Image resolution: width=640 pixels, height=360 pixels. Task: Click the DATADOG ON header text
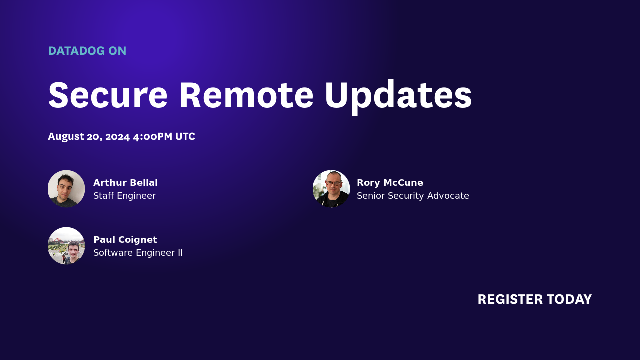(x=87, y=51)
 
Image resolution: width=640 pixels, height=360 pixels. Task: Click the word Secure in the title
(x=108, y=95)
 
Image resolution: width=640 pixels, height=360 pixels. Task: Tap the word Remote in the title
(x=246, y=95)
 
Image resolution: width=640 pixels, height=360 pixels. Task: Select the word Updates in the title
(x=398, y=95)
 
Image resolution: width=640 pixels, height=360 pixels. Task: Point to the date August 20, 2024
(x=89, y=137)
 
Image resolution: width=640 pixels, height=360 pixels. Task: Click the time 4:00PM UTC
(x=164, y=137)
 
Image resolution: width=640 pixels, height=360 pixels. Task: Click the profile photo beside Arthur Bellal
(x=66, y=189)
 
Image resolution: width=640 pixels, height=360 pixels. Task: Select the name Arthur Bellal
(x=125, y=183)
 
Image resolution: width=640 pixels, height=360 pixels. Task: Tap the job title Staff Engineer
(x=124, y=196)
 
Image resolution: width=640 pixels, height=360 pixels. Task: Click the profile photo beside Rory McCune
(x=331, y=189)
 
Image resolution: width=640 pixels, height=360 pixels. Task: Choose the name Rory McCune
(x=390, y=183)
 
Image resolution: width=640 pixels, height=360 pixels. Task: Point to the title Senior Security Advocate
(x=413, y=196)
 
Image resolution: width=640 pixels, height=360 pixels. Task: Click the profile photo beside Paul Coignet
(x=66, y=246)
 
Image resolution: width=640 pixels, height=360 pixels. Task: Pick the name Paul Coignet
(x=125, y=240)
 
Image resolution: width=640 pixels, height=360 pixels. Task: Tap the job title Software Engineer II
(x=138, y=253)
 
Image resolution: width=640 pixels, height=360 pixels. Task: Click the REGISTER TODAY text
(x=534, y=299)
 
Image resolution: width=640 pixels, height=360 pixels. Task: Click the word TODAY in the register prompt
(x=569, y=299)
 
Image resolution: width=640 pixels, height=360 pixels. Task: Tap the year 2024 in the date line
(x=117, y=137)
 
